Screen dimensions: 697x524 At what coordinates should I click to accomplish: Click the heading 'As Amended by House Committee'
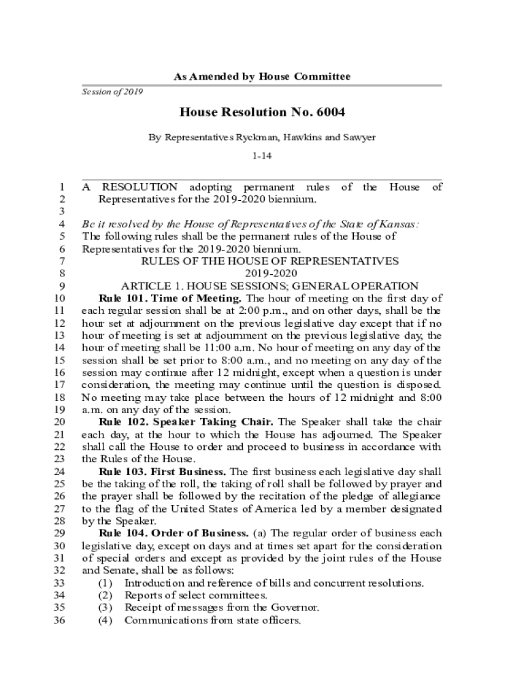(262, 77)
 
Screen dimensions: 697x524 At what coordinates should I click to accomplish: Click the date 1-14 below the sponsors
(262, 157)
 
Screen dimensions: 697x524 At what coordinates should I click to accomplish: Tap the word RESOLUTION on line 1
(140, 187)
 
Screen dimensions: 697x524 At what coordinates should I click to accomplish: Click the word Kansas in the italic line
(399, 224)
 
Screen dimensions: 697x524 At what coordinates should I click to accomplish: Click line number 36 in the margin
(58, 621)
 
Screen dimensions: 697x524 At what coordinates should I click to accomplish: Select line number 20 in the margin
(58, 422)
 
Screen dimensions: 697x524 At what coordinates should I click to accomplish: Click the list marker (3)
(105, 608)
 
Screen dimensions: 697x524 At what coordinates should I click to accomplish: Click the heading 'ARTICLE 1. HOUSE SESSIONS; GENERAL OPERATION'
(269, 286)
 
